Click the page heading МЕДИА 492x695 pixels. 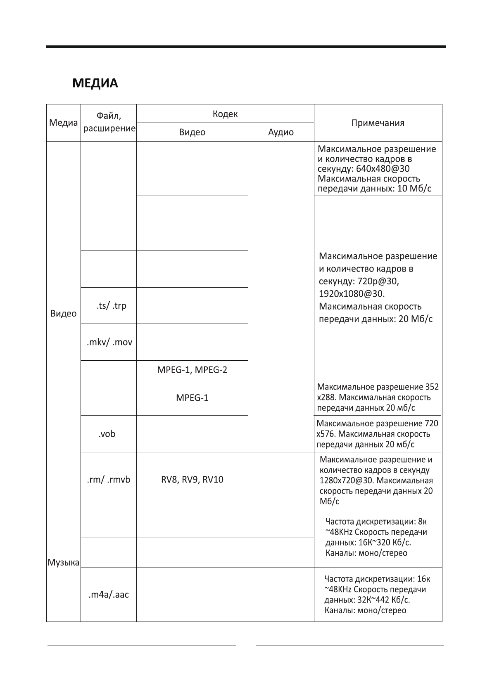click(95, 83)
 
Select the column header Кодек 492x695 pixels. click(225, 114)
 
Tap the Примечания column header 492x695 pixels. click(378, 123)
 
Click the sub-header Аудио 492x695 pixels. click(281, 132)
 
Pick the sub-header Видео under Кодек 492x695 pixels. click(192, 132)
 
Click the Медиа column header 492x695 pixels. click(64, 123)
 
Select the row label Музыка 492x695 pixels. click(64, 563)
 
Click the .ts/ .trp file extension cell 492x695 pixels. click(109, 306)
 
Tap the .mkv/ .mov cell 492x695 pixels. click(109, 342)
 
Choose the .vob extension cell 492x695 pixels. click(107, 434)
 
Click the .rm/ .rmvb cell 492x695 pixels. click(109, 480)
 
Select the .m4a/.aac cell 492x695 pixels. click(109, 595)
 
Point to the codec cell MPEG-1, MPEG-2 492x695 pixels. click(192, 370)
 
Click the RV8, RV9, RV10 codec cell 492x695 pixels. click(192, 480)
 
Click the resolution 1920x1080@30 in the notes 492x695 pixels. click(352, 294)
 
